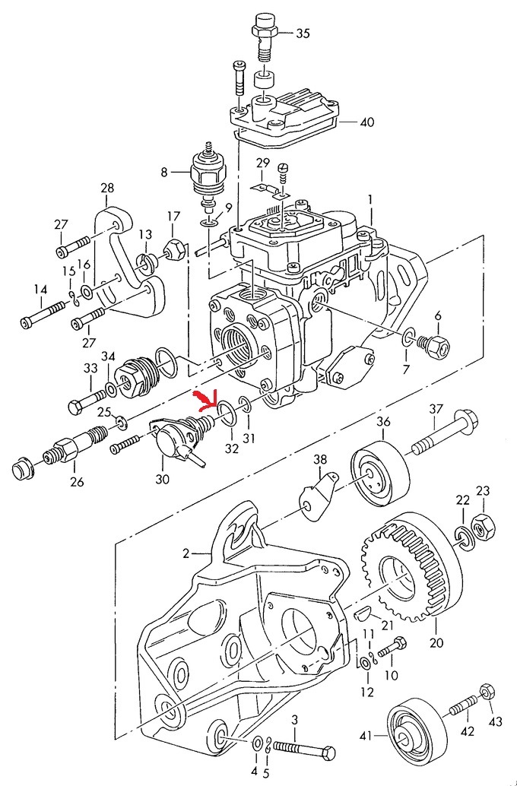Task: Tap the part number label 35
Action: coord(303,33)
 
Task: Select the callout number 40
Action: coord(367,121)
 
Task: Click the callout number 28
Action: coord(106,188)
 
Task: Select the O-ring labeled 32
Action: coord(226,412)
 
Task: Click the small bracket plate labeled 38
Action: coord(316,497)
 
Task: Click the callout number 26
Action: coord(78,482)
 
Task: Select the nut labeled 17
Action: coord(173,248)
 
